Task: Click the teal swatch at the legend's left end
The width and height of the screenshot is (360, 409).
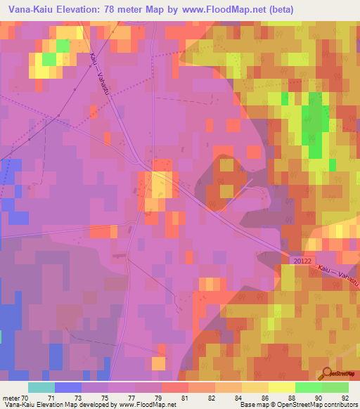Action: (x=41, y=387)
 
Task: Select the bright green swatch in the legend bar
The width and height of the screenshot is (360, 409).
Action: (x=308, y=387)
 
